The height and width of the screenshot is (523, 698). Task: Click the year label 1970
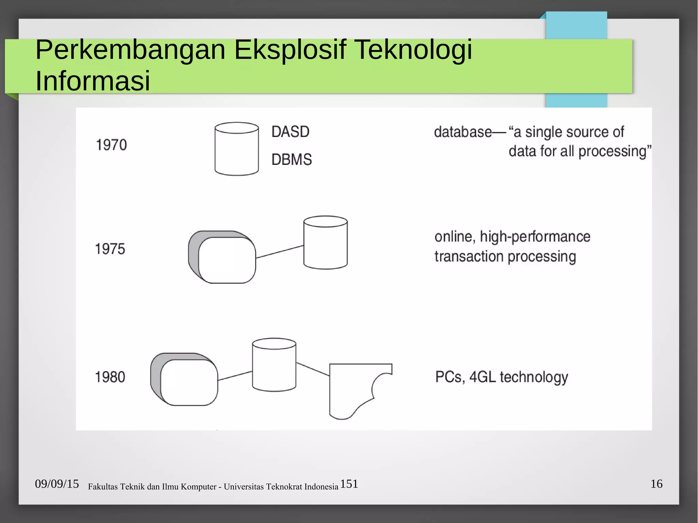click(111, 145)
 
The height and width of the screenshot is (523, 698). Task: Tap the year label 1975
click(110, 249)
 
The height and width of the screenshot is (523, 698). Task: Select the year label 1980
click(110, 377)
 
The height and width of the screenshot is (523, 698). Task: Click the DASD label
click(290, 132)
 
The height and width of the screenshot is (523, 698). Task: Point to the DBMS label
click(292, 159)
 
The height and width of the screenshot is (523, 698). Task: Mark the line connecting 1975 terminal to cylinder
click(279, 252)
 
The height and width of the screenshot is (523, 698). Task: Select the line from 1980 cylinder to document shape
click(313, 369)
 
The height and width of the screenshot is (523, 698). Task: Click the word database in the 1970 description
click(463, 132)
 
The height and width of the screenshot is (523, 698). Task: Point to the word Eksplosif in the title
click(290, 50)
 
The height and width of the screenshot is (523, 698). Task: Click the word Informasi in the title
click(93, 81)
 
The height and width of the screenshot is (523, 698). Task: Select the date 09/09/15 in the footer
click(57, 484)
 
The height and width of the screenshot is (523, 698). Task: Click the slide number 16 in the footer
click(656, 484)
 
